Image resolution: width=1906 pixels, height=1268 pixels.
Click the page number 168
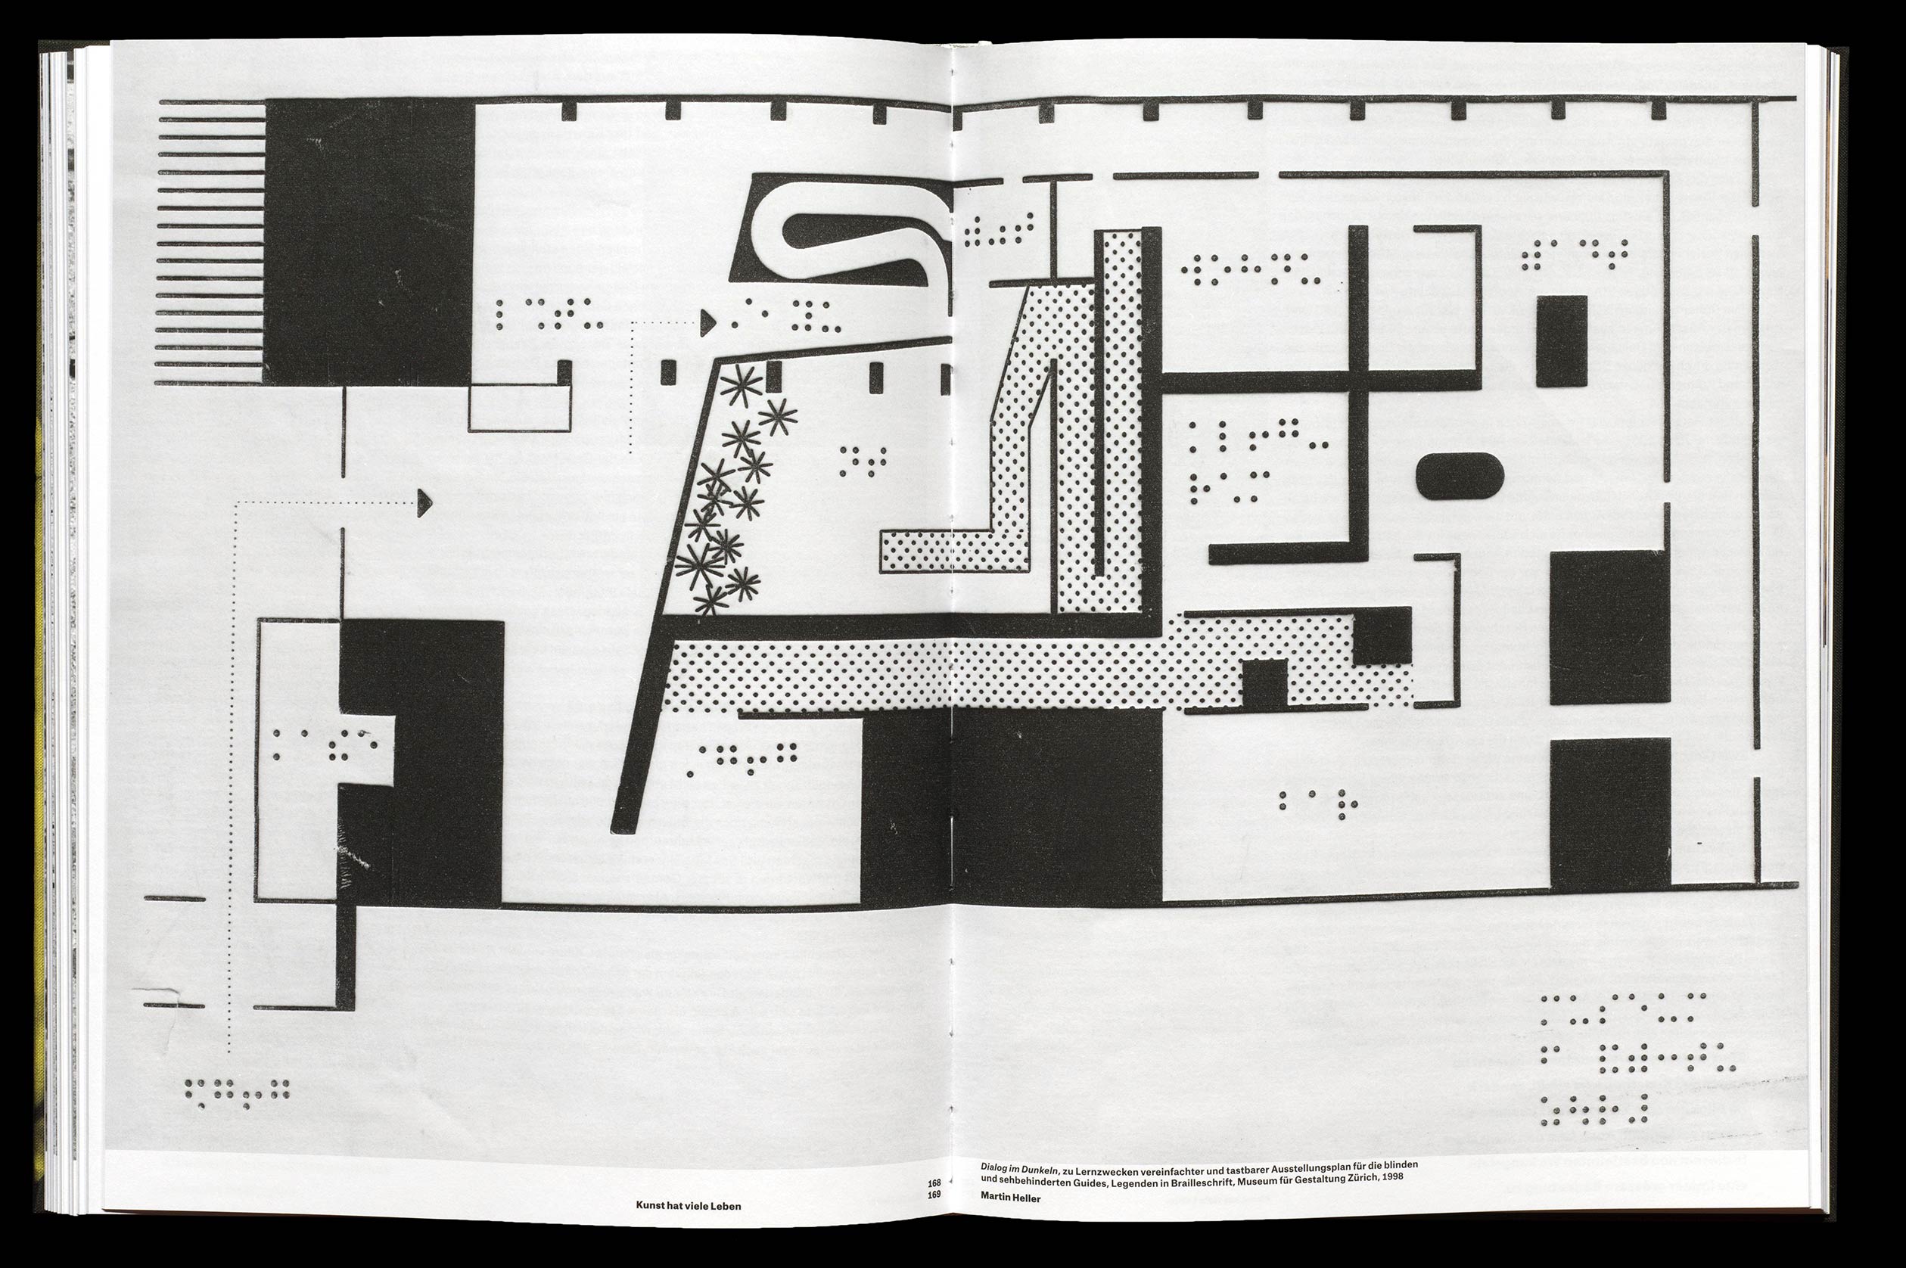click(x=934, y=1183)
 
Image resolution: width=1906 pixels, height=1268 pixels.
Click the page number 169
click(x=934, y=1194)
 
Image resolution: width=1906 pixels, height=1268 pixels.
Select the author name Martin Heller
click(x=1010, y=1198)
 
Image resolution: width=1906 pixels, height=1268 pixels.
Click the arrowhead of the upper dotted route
click(x=707, y=324)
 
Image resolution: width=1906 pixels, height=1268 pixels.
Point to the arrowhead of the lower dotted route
click(x=424, y=503)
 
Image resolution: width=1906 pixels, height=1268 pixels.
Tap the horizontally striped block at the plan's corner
click(x=210, y=242)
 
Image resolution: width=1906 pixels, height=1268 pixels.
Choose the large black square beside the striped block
click(x=368, y=242)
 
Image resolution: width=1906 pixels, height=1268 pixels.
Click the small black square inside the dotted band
click(x=1264, y=682)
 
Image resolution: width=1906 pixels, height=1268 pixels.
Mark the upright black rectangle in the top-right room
click(x=1562, y=340)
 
